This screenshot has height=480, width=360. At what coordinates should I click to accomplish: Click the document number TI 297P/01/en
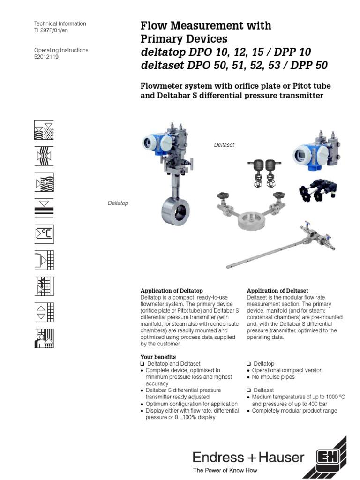point(54,30)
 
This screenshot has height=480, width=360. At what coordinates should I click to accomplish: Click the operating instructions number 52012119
point(46,57)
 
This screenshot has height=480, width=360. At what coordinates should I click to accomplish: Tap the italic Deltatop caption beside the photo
point(118,203)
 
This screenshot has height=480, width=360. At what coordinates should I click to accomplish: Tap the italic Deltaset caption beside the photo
point(224,145)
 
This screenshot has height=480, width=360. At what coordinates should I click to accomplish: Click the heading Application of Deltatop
point(172,291)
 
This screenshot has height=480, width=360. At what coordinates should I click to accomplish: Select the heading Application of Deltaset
point(277,291)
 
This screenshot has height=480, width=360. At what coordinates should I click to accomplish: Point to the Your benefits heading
point(158,357)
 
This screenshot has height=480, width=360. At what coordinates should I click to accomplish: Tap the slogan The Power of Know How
point(225,470)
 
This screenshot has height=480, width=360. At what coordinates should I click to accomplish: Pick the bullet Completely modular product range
point(294,411)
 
